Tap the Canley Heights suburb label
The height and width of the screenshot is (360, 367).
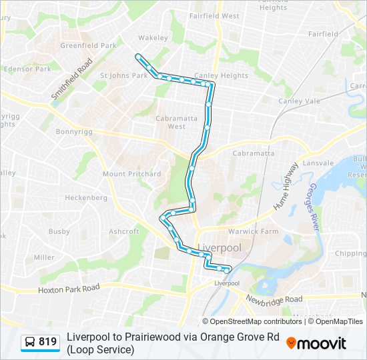221,75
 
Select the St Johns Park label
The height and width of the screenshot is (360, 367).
123,75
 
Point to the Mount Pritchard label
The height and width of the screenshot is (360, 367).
131,174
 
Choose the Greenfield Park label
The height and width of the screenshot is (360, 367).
88,46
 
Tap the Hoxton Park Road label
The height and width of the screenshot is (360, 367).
69,288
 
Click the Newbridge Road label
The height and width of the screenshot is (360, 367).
274,299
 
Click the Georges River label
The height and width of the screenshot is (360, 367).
315,208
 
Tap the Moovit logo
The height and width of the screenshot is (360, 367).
316,343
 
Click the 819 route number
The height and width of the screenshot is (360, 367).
48,342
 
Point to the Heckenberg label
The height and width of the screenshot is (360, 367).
86,198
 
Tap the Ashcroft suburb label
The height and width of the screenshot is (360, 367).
124,231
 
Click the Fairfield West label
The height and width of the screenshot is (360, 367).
214,15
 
